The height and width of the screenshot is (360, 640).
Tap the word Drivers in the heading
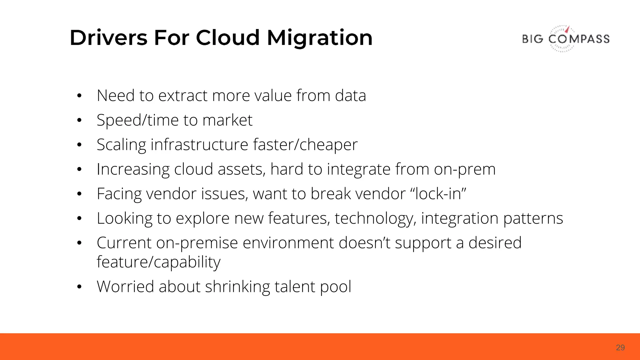coord(108,38)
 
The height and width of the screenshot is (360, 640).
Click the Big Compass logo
coord(566,39)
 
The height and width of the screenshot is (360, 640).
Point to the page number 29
coord(620,347)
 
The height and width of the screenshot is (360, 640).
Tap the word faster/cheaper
coord(305,145)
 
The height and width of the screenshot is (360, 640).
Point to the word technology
coord(375,218)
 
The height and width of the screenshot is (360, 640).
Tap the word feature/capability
coord(158,262)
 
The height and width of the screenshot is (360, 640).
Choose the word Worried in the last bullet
coord(125,286)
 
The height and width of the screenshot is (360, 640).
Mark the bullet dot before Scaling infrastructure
coord(79,145)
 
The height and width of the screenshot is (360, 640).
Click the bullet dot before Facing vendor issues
coord(79,194)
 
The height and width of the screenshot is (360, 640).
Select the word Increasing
coord(133,169)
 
